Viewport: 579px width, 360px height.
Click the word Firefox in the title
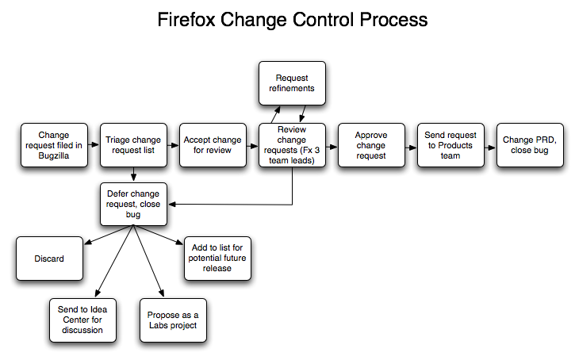click(x=186, y=20)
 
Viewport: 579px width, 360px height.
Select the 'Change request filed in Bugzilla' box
click(x=54, y=145)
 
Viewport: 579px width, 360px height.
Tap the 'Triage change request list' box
click(x=133, y=145)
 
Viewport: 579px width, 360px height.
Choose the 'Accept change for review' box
click(x=213, y=145)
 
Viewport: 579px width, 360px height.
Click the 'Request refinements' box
click(x=292, y=83)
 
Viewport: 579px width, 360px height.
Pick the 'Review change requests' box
click(x=292, y=145)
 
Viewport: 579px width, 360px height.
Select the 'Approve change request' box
click(x=371, y=145)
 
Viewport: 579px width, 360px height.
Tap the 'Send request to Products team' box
click(x=451, y=145)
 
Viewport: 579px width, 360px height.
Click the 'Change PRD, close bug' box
click(x=531, y=145)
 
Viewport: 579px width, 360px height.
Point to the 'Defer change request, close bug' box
click(x=133, y=204)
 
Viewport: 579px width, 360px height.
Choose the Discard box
click(x=49, y=259)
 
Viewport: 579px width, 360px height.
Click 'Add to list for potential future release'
click(x=217, y=259)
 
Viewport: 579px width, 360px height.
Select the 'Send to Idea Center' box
click(x=82, y=320)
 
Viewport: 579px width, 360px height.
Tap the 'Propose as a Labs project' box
click(x=173, y=320)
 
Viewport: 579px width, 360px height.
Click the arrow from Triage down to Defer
click(x=133, y=174)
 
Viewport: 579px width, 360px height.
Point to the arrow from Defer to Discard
click(x=109, y=235)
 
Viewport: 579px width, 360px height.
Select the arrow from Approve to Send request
click(x=411, y=147)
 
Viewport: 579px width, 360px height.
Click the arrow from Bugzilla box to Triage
click(x=94, y=144)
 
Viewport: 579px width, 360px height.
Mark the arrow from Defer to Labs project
click(x=148, y=261)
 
